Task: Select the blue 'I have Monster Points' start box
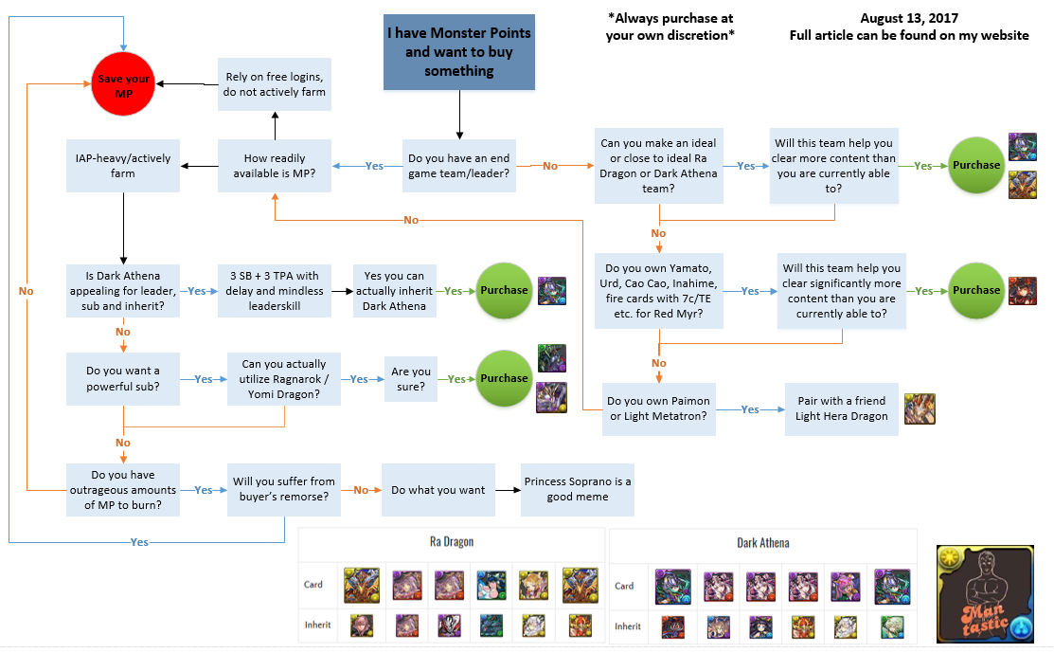click(x=458, y=52)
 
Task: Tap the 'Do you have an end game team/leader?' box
click(x=458, y=166)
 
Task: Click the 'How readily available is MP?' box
click(x=275, y=166)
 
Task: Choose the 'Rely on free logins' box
click(x=275, y=84)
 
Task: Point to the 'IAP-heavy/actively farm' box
click(x=122, y=166)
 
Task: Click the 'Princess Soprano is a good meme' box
click(x=577, y=489)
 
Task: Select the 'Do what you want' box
click(x=438, y=490)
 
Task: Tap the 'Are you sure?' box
click(x=411, y=379)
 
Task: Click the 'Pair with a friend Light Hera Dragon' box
click(x=841, y=408)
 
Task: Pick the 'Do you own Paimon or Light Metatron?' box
click(x=658, y=408)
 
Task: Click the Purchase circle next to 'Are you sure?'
click(x=504, y=378)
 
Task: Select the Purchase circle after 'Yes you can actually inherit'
click(x=504, y=291)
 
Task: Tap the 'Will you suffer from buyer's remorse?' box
click(x=284, y=489)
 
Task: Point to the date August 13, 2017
click(x=908, y=18)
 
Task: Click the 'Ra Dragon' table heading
click(x=452, y=542)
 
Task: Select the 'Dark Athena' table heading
click(x=762, y=543)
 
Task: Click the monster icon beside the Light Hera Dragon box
click(x=919, y=408)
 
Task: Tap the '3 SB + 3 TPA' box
click(x=274, y=291)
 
